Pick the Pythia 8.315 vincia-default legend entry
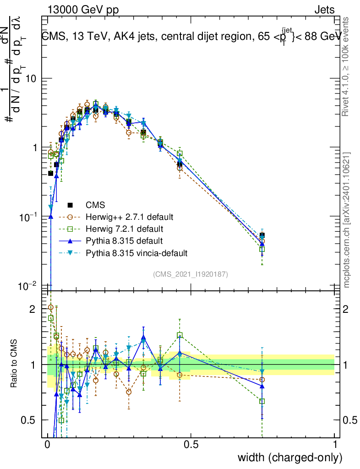136,252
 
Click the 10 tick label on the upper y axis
30,79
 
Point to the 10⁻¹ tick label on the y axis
28,217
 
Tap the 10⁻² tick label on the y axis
28,286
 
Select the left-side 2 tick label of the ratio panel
32,309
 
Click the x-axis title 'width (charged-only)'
289,458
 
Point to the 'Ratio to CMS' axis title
15,364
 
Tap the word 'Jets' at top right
324,10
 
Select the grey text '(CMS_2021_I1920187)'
191,274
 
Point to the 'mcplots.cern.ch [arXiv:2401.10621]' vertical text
347,220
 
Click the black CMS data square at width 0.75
262,235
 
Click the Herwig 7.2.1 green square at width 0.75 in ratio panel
262,401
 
